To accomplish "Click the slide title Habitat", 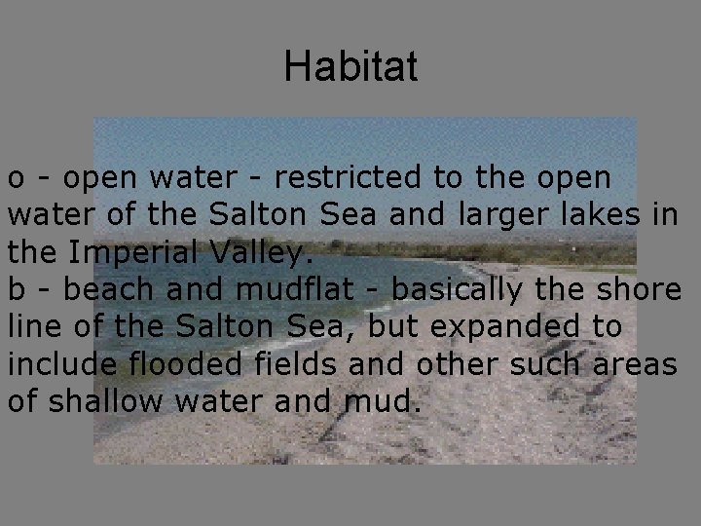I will (350, 66).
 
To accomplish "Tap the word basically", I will (456, 290).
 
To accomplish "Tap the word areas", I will (637, 364).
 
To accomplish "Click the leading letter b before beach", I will (16, 290).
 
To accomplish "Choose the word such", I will (545, 364).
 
